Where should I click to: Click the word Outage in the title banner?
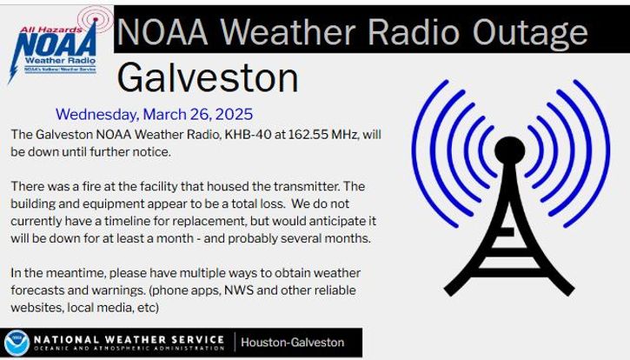click(530, 32)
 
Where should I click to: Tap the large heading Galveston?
click(208, 77)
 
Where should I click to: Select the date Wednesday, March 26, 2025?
click(155, 114)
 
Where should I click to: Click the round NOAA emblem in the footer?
click(17, 343)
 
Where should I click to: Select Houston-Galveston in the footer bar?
click(293, 343)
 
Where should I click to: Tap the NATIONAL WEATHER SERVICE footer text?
click(129, 340)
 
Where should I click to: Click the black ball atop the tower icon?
click(509, 150)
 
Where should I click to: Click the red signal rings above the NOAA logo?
click(96, 19)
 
